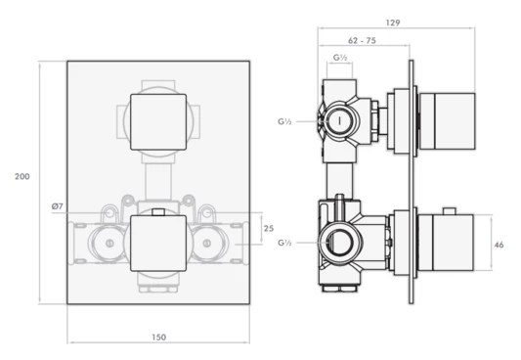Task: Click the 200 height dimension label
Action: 22,176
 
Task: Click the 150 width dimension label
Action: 158,337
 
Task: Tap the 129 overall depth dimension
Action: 393,22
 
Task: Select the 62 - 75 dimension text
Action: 362,41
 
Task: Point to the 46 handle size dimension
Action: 499,245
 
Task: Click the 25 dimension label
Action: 269,229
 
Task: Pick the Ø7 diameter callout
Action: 57,206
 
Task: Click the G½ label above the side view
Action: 340,58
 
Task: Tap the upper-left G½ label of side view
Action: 284,121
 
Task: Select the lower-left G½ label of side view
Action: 284,243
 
